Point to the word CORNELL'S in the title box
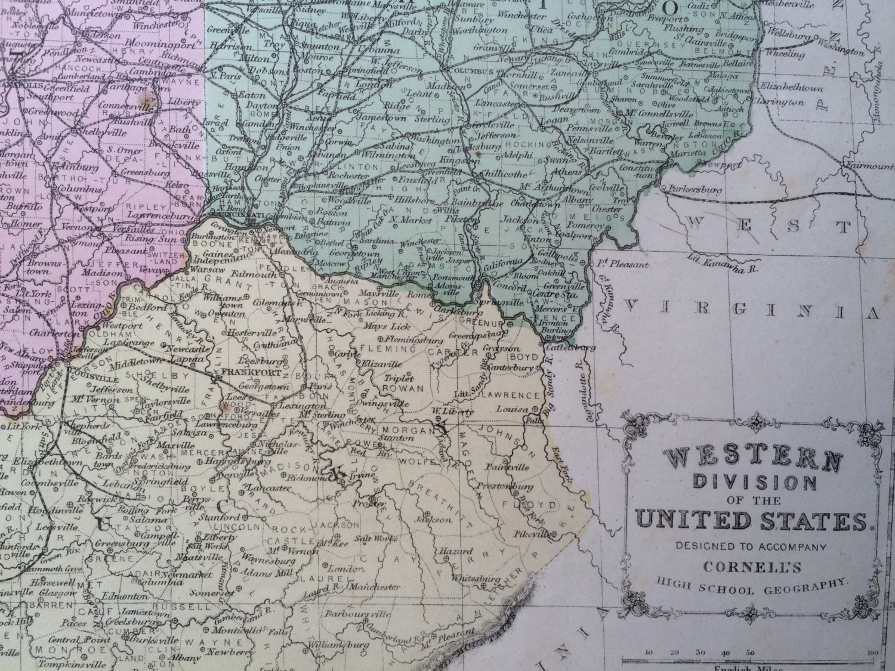(x=751, y=564)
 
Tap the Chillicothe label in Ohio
(x=505, y=174)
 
